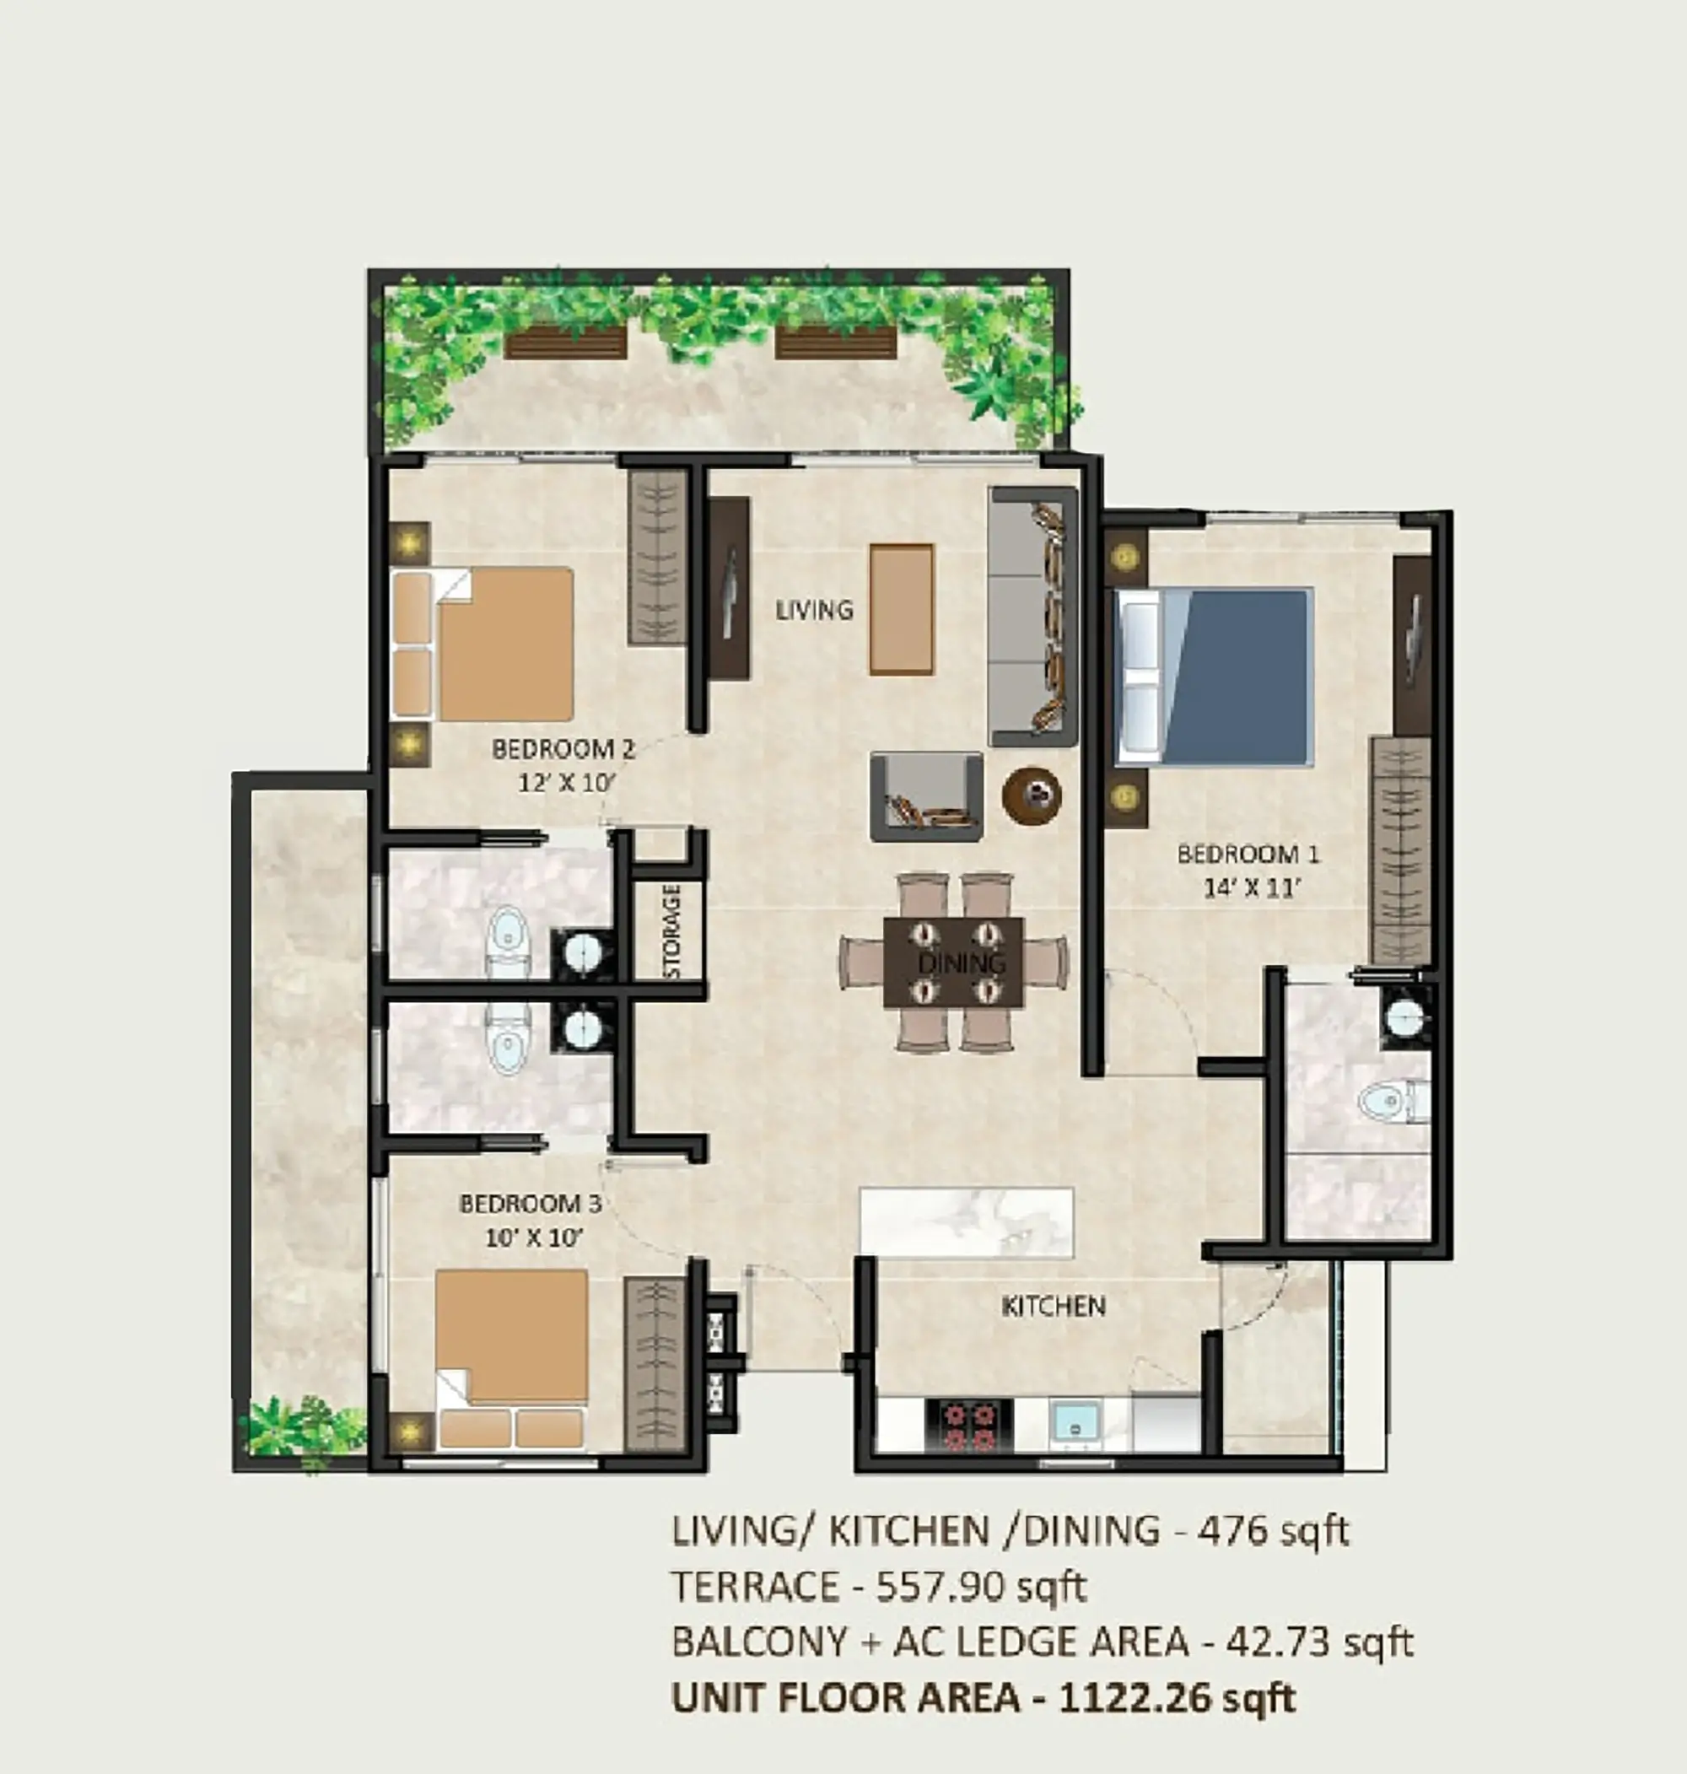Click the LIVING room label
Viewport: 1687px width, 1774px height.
[814, 610]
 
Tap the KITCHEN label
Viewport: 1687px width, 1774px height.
[1053, 1306]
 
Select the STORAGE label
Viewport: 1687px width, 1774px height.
[671, 930]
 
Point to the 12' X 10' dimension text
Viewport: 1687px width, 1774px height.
[565, 782]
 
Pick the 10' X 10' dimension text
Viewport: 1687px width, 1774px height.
[534, 1237]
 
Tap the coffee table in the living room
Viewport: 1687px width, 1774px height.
[901, 609]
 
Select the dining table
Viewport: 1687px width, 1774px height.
[953, 962]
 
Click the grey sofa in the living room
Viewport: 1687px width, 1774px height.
[1032, 617]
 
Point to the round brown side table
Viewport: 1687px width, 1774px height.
[1032, 795]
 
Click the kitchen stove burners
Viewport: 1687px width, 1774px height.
[968, 1425]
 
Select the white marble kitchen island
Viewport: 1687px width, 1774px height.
[967, 1223]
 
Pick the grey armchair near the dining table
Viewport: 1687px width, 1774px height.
[925, 796]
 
